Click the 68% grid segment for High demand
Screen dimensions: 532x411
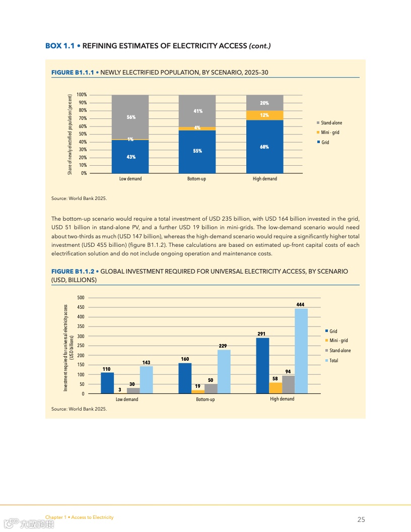coord(264,147)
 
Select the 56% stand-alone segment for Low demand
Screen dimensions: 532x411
coord(130,117)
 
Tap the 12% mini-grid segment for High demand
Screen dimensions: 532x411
coord(264,115)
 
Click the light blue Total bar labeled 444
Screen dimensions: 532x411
coord(301,351)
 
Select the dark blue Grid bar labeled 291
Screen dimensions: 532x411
coord(262,365)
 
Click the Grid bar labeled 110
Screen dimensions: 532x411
coord(107,383)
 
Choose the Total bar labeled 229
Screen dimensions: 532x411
coord(224,371)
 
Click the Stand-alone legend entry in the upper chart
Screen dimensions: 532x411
coord(331,122)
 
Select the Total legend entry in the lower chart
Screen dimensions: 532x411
coord(333,360)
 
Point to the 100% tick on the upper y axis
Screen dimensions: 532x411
coord(82,95)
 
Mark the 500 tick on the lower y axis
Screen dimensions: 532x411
coord(81,297)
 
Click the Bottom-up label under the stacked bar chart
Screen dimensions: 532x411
coord(196,179)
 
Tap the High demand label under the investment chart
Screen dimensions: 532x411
coord(282,399)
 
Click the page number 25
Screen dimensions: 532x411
coord(361,519)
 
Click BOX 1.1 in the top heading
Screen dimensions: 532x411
coord(59,46)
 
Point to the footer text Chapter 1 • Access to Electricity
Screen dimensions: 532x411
coord(79,517)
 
